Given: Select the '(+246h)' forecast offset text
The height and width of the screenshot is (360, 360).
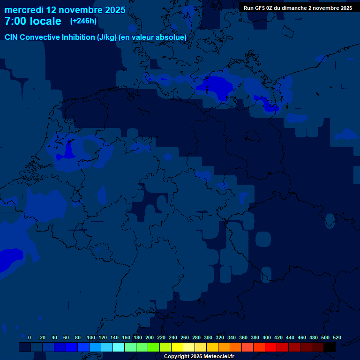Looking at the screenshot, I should [x=83, y=21].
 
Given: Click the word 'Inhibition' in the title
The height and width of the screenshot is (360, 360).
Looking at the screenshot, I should [x=78, y=37].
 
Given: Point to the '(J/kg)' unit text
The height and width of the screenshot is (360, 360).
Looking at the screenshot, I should [x=107, y=37].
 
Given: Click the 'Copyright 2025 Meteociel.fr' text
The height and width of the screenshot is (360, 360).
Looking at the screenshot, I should [x=199, y=356].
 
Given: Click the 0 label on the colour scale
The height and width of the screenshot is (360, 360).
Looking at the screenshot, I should [x=30, y=337].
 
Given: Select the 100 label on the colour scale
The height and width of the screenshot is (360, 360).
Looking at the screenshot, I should [x=91, y=337].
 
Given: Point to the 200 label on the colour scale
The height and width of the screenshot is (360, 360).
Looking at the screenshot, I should [x=150, y=337].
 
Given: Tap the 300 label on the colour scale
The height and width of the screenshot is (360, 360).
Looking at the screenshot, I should [x=208, y=337].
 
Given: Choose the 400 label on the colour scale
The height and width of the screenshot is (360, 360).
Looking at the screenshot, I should [x=267, y=337].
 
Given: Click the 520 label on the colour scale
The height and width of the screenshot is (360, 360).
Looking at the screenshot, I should [x=337, y=337].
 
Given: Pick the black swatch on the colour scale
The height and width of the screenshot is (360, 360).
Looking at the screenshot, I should [x=330, y=347].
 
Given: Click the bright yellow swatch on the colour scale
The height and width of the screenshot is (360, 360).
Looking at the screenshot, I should [x=177, y=347].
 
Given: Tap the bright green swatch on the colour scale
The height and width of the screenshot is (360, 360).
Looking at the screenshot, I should [x=154, y=347].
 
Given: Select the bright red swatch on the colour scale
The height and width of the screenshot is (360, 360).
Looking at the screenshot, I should [x=271, y=347].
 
